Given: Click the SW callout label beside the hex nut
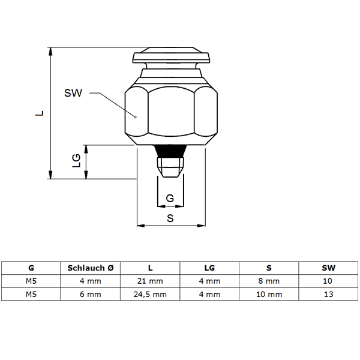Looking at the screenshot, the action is click(73, 93).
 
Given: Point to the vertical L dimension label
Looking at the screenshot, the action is click(40, 113).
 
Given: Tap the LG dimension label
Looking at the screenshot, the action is click(76, 160).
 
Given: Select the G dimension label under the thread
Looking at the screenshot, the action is click(170, 198).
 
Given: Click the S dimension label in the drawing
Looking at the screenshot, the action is click(170, 218).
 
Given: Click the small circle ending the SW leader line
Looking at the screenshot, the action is click(135, 117).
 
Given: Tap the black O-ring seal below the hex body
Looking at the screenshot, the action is click(170, 151).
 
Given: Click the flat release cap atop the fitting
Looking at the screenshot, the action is click(171, 55).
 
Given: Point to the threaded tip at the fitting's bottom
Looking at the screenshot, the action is click(170, 167).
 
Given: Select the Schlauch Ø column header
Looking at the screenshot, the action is click(91, 268).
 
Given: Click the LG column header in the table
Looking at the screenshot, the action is click(209, 268).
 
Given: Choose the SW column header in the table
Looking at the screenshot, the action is click(328, 268).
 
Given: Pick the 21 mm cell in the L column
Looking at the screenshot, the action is click(150, 281).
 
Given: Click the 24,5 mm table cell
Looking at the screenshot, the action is click(150, 295).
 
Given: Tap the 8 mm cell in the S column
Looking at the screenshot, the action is click(269, 281).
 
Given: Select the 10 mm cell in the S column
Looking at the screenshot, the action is click(269, 295).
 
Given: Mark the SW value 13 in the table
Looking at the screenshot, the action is click(328, 295).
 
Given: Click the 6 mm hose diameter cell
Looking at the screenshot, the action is click(91, 295).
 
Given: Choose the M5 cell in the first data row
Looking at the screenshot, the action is click(31, 281).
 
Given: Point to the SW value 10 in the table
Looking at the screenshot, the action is click(328, 281).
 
